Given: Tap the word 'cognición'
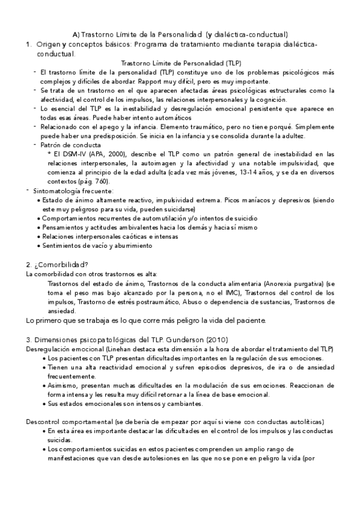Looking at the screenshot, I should [x=272, y=99].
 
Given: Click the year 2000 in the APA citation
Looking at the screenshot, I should [x=111, y=155].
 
